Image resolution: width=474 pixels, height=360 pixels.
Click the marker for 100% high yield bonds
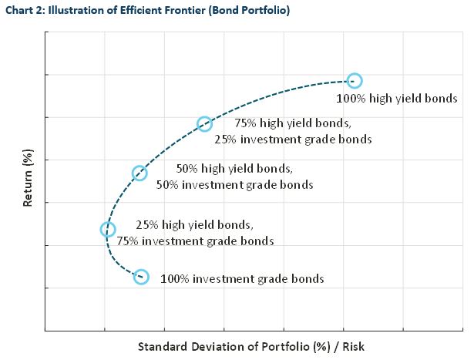(x=355, y=81)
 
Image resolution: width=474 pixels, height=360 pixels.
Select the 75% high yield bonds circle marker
(x=204, y=124)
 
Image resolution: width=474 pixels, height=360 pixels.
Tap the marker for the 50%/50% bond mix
(x=140, y=173)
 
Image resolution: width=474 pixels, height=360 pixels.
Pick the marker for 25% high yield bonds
(x=108, y=229)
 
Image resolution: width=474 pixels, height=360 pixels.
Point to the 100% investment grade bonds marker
(x=140, y=277)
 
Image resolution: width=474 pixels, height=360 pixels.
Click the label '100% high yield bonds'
(x=397, y=99)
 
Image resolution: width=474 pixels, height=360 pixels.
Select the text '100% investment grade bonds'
(x=242, y=279)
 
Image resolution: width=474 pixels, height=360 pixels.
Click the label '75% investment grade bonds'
(x=195, y=241)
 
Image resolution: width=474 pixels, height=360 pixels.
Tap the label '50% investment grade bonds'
(x=234, y=185)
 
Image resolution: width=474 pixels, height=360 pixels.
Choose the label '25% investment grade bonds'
(x=293, y=140)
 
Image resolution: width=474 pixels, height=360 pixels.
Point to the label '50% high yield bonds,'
(x=234, y=168)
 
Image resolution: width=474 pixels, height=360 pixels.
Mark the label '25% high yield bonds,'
(x=193, y=225)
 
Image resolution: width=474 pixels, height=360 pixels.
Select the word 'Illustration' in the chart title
(x=79, y=10)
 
